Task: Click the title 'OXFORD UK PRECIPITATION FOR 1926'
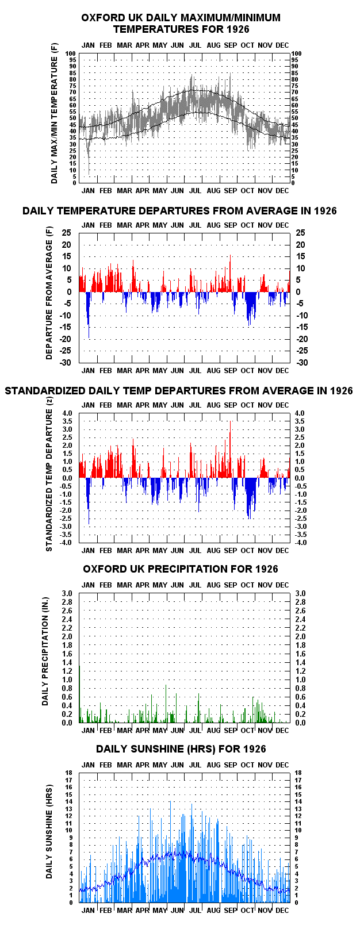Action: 181,569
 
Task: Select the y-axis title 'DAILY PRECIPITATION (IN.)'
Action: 45,651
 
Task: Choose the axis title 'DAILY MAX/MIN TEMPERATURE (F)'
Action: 54,120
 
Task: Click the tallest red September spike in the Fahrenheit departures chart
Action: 230,273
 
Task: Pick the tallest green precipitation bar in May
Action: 166,704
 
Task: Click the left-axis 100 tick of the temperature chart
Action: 71,53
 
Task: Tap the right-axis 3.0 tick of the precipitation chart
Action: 300,593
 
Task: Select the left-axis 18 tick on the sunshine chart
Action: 69,773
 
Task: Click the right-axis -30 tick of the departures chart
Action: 302,363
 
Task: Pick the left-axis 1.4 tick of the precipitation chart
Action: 67,663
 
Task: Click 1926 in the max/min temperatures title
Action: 238,29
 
